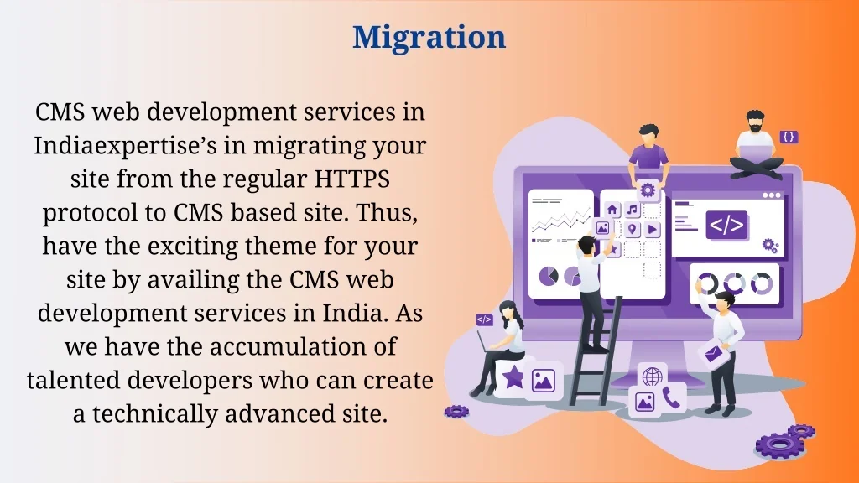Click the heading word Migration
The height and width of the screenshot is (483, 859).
[x=429, y=37]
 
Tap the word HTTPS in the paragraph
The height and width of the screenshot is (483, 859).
[x=351, y=179]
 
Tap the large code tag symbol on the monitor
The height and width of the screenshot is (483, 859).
[x=726, y=225]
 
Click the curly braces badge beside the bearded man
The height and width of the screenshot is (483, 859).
[x=789, y=137]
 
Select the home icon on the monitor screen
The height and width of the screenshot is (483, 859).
[x=612, y=209]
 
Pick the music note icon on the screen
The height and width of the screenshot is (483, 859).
[x=633, y=209]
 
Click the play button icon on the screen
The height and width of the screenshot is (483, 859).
[x=652, y=229]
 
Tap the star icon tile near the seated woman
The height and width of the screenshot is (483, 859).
[x=513, y=377]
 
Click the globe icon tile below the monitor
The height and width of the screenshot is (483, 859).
[x=652, y=377]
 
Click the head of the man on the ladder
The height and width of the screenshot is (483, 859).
[x=586, y=245]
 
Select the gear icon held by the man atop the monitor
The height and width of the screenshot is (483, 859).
[x=648, y=190]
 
